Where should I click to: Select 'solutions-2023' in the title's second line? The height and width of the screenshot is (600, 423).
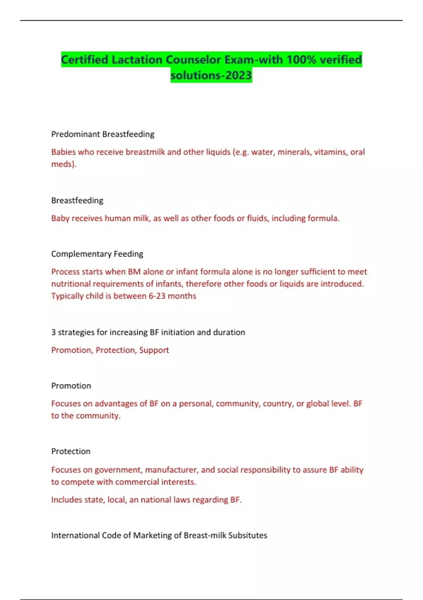click(x=211, y=75)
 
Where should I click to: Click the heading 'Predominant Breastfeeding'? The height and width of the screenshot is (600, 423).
click(x=103, y=134)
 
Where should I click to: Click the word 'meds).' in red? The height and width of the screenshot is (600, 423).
click(x=64, y=164)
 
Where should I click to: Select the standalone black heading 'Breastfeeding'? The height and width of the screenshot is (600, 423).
click(x=77, y=200)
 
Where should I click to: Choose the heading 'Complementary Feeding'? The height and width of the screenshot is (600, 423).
click(x=97, y=254)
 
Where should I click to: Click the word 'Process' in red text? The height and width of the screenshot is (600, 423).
click(x=65, y=272)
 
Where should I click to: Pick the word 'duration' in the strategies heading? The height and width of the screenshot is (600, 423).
click(x=229, y=332)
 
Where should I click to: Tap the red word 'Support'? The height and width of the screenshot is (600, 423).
click(x=154, y=350)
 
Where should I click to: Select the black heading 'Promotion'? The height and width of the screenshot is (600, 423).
click(x=71, y=386)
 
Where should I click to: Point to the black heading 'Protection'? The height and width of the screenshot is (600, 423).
click(x=70, y=451)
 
